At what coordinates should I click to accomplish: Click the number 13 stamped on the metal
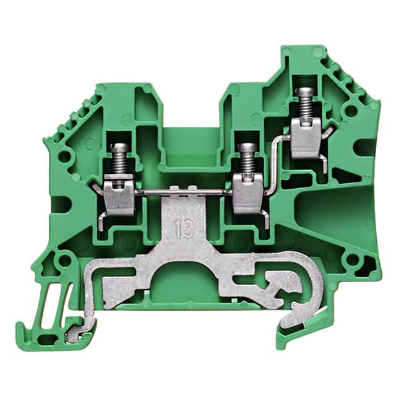click(x=185, y=228)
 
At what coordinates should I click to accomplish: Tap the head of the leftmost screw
click(x=119, y=147)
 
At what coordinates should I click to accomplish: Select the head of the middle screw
click(x=248, y=147)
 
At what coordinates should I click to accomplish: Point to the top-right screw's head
click(x=305, y=91)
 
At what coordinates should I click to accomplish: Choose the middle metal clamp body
click(x=248, y=194)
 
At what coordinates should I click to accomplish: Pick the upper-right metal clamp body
click(x=306, y=137)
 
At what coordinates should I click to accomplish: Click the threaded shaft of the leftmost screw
click(x=119, y=162)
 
